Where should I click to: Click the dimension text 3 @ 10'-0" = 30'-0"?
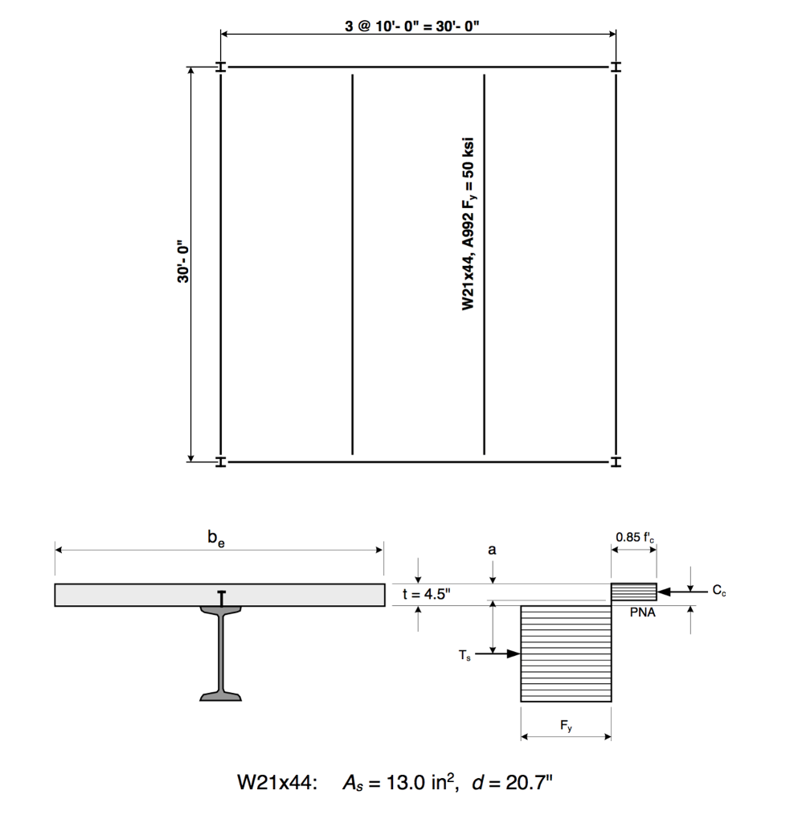413,25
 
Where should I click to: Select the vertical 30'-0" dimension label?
184,262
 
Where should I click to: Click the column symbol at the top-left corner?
221,68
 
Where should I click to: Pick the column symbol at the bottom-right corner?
616,462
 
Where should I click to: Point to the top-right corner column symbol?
616,68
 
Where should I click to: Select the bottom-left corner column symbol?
221,462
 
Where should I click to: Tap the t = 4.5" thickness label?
426,594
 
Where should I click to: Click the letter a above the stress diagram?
493,550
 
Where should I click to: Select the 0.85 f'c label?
634,537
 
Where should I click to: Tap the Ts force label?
465,656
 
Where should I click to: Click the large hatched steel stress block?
566,653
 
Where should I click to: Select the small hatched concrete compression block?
634,592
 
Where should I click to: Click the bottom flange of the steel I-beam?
221,694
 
